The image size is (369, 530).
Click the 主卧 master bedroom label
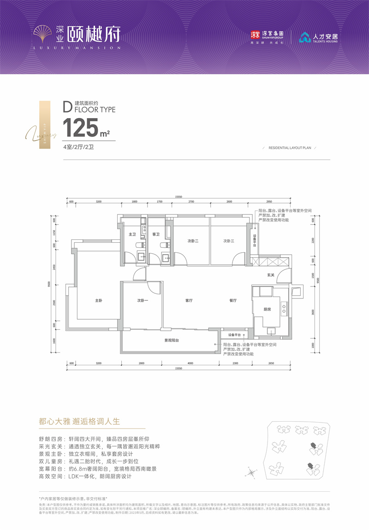pyautogui.click(x=98, y=300)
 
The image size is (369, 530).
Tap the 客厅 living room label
pyautogui.click(x=189, y=300)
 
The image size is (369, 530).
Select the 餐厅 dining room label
pyautogui.click(x=233, y=300)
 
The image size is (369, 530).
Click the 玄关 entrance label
pyautogui.click(x=271, y=275)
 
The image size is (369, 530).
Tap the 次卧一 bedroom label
pyautogui.click(x=143, y=300)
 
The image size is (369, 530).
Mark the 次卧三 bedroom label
pyautogui.click(x=229, y=241)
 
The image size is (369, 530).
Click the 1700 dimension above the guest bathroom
pyautogui.click(x=159, y=202)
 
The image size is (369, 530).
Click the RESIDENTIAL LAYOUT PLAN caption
pyautogui.click(x=290, y=148)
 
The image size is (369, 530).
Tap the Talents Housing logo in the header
pyautogui.click(x=318, y=37)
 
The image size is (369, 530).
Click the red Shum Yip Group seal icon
pyautogui.click(x=255, y=35)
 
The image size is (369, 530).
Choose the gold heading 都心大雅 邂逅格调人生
pyautogui.click(x=80, y=422)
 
